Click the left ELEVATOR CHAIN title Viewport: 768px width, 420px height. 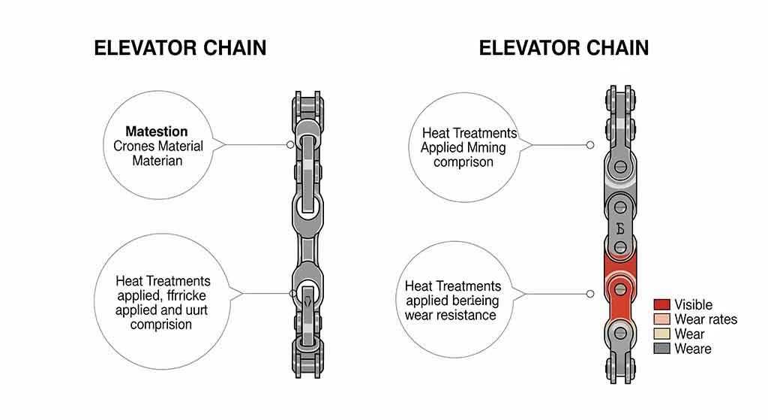(x=180, y=48)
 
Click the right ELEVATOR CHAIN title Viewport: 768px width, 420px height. (x=563, y=48)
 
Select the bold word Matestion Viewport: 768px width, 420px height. (x=157, y=131)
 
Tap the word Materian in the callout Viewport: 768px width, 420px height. (x=157, y=160)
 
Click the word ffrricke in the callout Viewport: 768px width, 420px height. (x=187, y=295)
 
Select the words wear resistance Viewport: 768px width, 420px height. (x=450, y=315)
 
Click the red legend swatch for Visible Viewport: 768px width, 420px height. (x=661, y=304)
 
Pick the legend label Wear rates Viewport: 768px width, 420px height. (x=705, y=319)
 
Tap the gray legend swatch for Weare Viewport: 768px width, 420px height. (x=661, y=349)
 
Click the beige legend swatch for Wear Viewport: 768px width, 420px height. (x=661, y=334)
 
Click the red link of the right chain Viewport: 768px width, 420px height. (x=620, y=289)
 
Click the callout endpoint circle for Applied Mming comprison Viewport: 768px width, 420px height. (x=590, y=145)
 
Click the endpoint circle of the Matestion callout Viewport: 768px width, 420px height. (x=290, y=144)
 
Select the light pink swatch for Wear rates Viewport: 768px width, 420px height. (x=661, y=319)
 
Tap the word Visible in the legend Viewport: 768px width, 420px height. (x=693, y=304)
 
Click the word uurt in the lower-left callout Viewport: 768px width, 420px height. (x=187, y=310)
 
